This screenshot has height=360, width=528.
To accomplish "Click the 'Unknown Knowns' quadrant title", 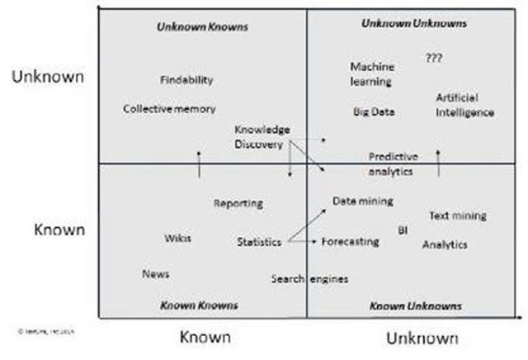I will [x=202, y=27].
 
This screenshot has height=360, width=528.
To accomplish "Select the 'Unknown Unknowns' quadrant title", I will [x=415, y=23].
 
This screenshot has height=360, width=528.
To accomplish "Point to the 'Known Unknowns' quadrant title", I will [x=415, y=306].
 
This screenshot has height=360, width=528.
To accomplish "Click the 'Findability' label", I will [x=186, y=80].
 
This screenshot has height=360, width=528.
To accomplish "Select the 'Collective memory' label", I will [x=169, y=109].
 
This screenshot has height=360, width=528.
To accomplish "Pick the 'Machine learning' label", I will [x=372, y=73].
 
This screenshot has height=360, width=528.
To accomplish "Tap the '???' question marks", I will [x=434, y=59].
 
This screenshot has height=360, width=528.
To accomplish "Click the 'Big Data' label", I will [x=373, y=111].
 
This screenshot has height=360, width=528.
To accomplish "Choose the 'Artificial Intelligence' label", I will [x=464, y=105].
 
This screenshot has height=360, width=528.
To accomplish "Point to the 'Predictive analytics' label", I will [x=393, y=163].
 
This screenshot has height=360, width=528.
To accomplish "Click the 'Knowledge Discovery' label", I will [x=262, y=137].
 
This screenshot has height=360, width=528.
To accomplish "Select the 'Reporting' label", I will [x=238, y=203].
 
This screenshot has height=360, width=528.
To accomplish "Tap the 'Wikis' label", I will [x=177, y=238].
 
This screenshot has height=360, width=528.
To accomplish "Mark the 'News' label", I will [x=155, y=273].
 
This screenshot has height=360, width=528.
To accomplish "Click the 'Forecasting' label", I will [x=350, y=242].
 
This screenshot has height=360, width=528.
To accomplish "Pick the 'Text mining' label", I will [x=457, y=216].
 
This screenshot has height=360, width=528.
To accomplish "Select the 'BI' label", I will [x=403, y=230].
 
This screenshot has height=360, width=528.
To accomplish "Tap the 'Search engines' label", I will [x=309, y=278].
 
